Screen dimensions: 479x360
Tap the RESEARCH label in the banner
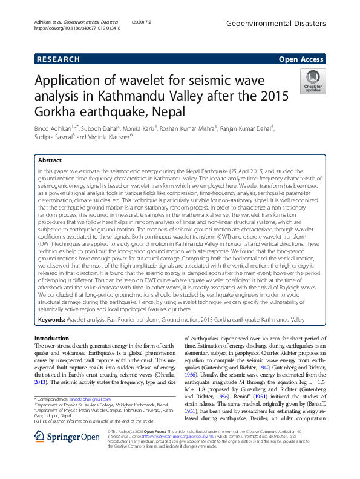[58, 59]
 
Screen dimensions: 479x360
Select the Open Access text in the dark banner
[302, 59]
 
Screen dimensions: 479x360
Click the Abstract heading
[50, 160]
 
